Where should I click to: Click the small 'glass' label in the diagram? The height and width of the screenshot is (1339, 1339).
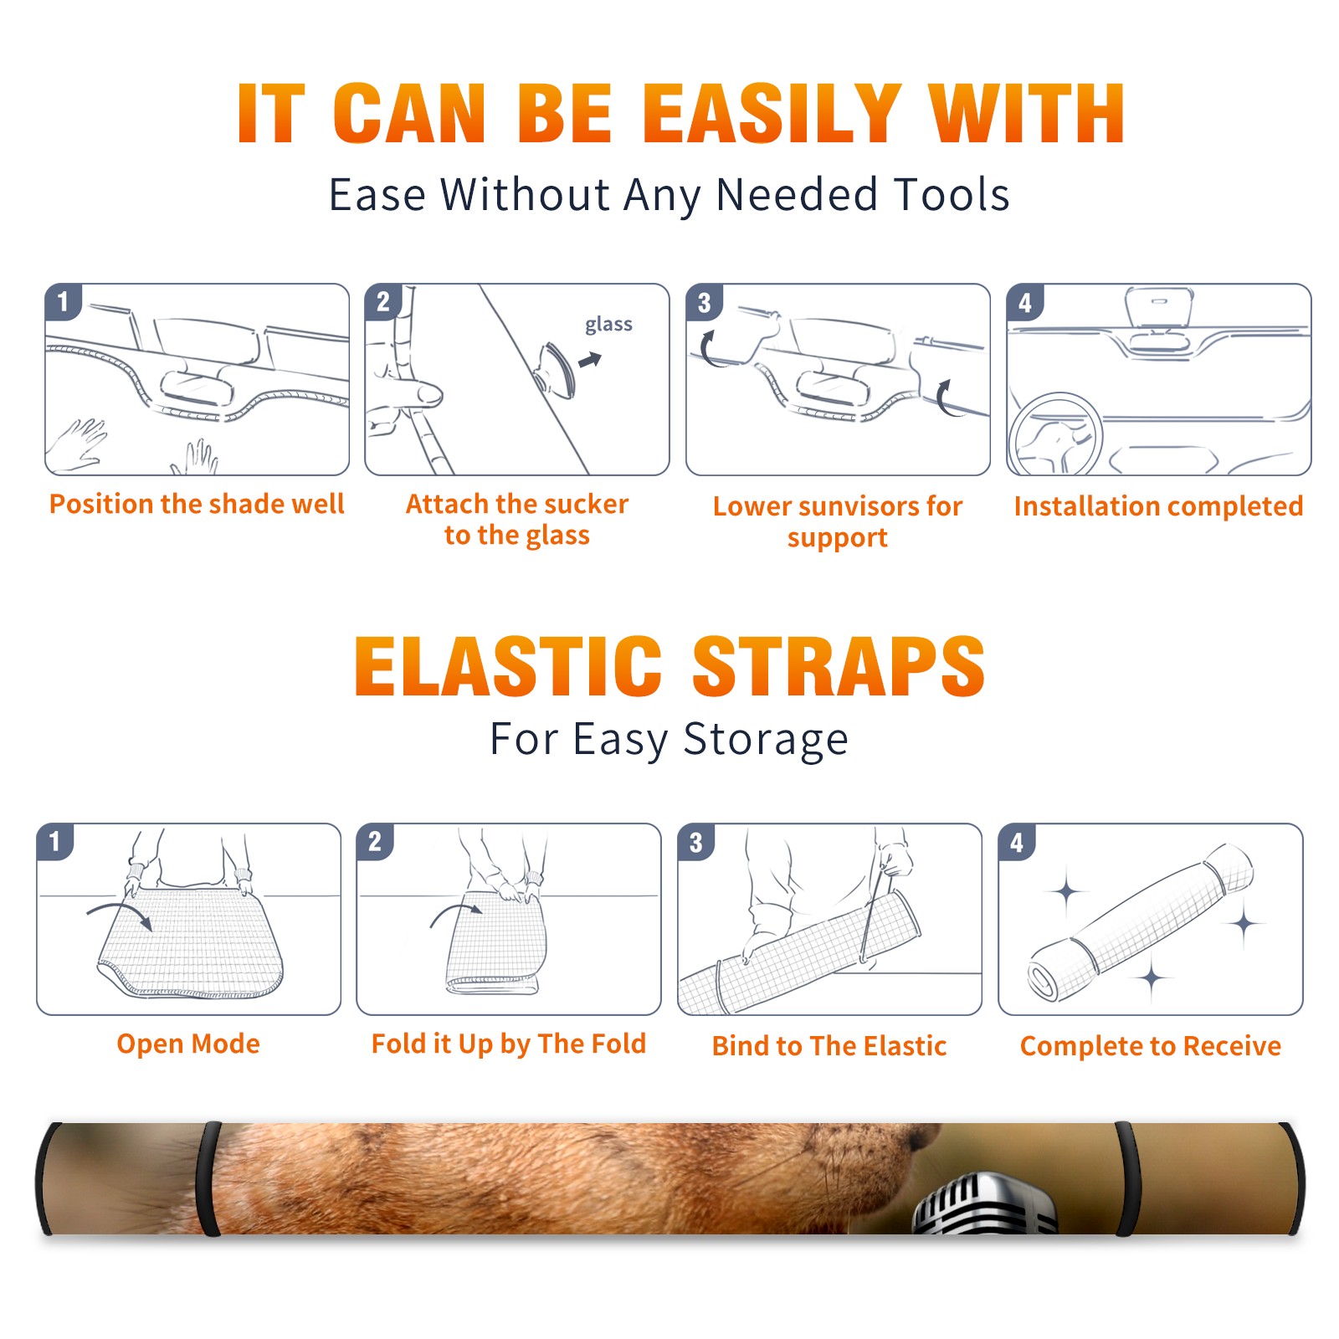tap(608, 325)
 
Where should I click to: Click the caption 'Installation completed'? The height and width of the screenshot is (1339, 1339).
tap(1158, 505)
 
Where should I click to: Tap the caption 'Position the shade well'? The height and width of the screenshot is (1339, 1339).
tap(197, 504)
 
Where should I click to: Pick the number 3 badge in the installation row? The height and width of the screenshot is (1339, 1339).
tap(705, 302)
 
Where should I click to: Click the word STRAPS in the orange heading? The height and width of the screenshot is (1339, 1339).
tap(839, 666)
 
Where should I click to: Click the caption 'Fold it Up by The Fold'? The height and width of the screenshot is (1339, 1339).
tap(509, 1044)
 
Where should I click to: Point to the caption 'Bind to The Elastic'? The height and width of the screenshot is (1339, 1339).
tap(829, 1045)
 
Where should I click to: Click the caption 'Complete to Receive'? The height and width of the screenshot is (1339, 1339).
tap(1151, 1045)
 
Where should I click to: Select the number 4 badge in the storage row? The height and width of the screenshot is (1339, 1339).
tap(1017, 842)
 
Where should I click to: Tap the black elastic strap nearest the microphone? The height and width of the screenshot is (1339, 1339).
tap(1127, 1178)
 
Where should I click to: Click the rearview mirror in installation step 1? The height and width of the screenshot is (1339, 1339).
tap(196, 386)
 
